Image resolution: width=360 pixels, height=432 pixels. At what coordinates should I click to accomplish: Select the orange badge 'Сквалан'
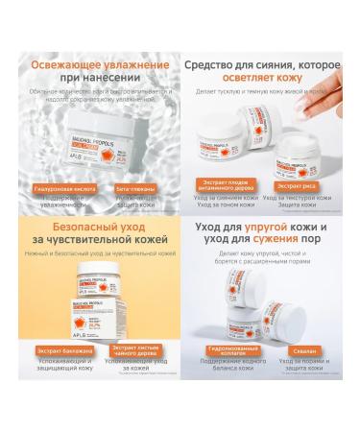pos(306,376)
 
